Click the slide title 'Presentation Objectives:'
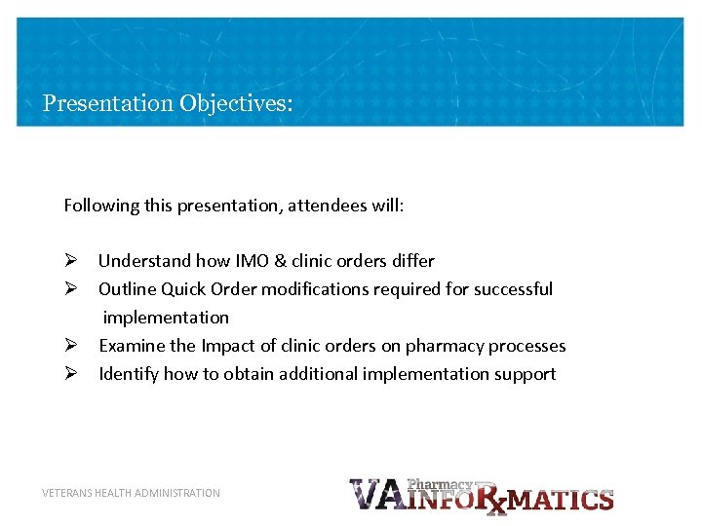[168, 103]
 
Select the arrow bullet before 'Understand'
[70, 261]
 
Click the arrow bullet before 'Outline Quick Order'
[70, 289]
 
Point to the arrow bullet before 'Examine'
[70, 346]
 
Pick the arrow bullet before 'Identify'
[70, 374]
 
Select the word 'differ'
[413, 261]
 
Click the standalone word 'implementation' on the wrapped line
[166, 318]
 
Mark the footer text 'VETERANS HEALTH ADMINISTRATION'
[131, 493]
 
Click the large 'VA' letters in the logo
[375, 495]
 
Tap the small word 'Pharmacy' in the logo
[440, 484]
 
